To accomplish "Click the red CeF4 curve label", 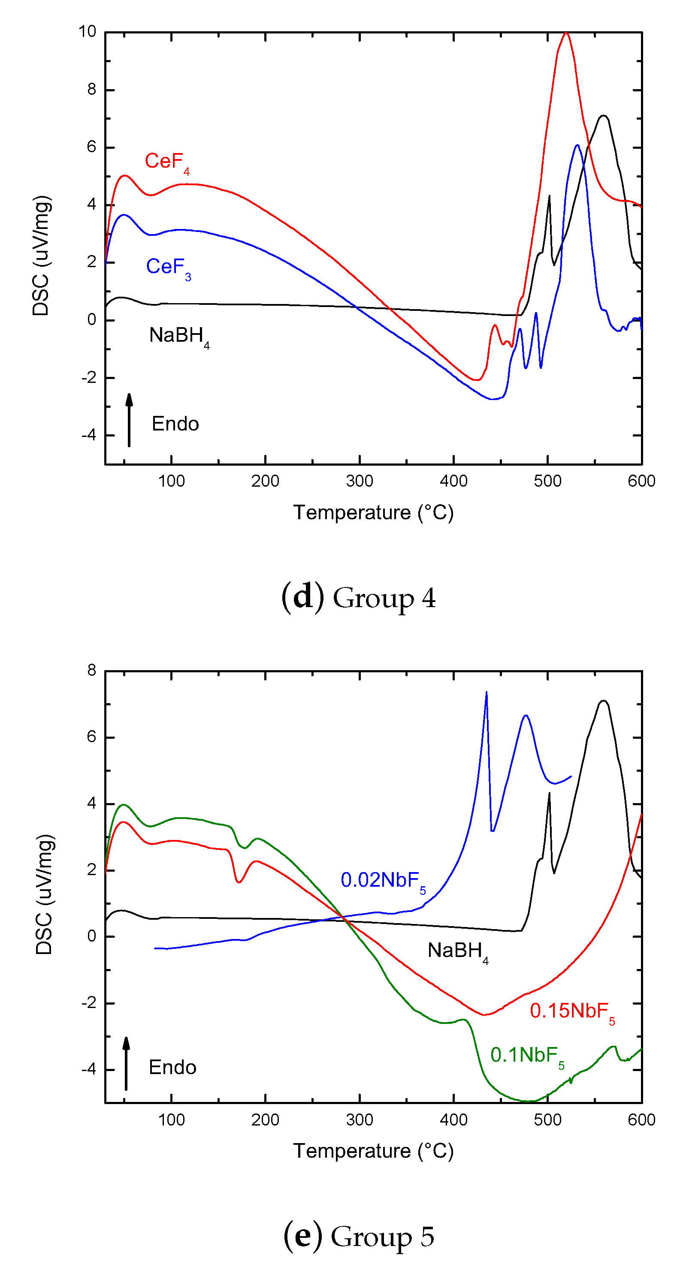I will [167, 162].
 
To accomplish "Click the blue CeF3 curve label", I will [168, 268].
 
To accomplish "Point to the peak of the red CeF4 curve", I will [566, 33].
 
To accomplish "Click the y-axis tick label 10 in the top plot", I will [87, 32].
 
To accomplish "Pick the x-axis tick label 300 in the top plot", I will [359, 481].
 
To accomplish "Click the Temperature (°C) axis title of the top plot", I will [373, 513].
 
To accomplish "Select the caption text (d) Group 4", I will [358, 598].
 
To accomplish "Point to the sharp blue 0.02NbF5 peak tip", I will [486, 692].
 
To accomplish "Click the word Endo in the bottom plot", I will [172, 1068].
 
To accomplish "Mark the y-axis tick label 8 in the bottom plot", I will [91, 671].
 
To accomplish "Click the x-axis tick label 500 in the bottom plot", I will [547, 1120].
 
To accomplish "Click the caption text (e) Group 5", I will [359, 1236].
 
